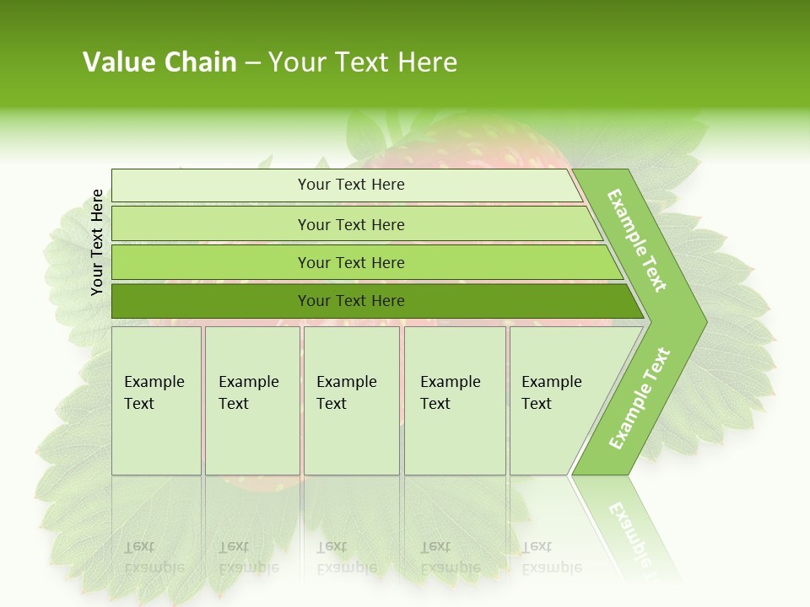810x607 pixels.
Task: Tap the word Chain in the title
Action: coord(201,62)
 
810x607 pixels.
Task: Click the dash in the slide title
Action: coord(252,63)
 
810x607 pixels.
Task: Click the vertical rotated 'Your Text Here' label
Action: coord(97,243)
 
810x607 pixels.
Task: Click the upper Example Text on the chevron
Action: coord(637,240)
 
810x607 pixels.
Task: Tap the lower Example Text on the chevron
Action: coord(639,398)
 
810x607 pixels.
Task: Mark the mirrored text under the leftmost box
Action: coord(154,557)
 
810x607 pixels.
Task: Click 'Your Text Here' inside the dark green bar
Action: coord(351,301)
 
